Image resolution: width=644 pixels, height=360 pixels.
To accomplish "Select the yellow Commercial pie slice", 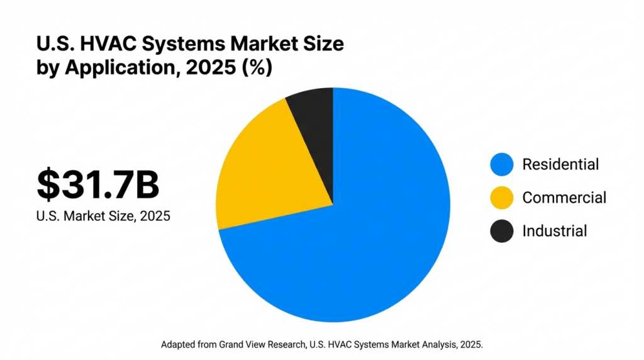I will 270,170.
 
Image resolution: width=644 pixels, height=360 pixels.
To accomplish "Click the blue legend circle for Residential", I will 501,165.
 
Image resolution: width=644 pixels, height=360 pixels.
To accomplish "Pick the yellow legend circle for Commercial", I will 501,198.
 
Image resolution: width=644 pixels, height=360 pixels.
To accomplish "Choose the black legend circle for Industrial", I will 501,231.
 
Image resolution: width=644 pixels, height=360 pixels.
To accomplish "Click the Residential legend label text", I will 560,165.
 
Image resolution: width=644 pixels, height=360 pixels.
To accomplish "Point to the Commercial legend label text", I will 564,198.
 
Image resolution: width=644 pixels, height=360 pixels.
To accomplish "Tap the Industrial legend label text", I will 554,231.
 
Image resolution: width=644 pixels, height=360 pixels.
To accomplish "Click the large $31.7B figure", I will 97,184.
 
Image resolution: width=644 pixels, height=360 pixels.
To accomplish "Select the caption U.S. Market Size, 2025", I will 103,215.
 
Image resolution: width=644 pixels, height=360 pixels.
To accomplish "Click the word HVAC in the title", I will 92,45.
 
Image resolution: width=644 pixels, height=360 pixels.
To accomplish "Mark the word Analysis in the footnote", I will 438,344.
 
